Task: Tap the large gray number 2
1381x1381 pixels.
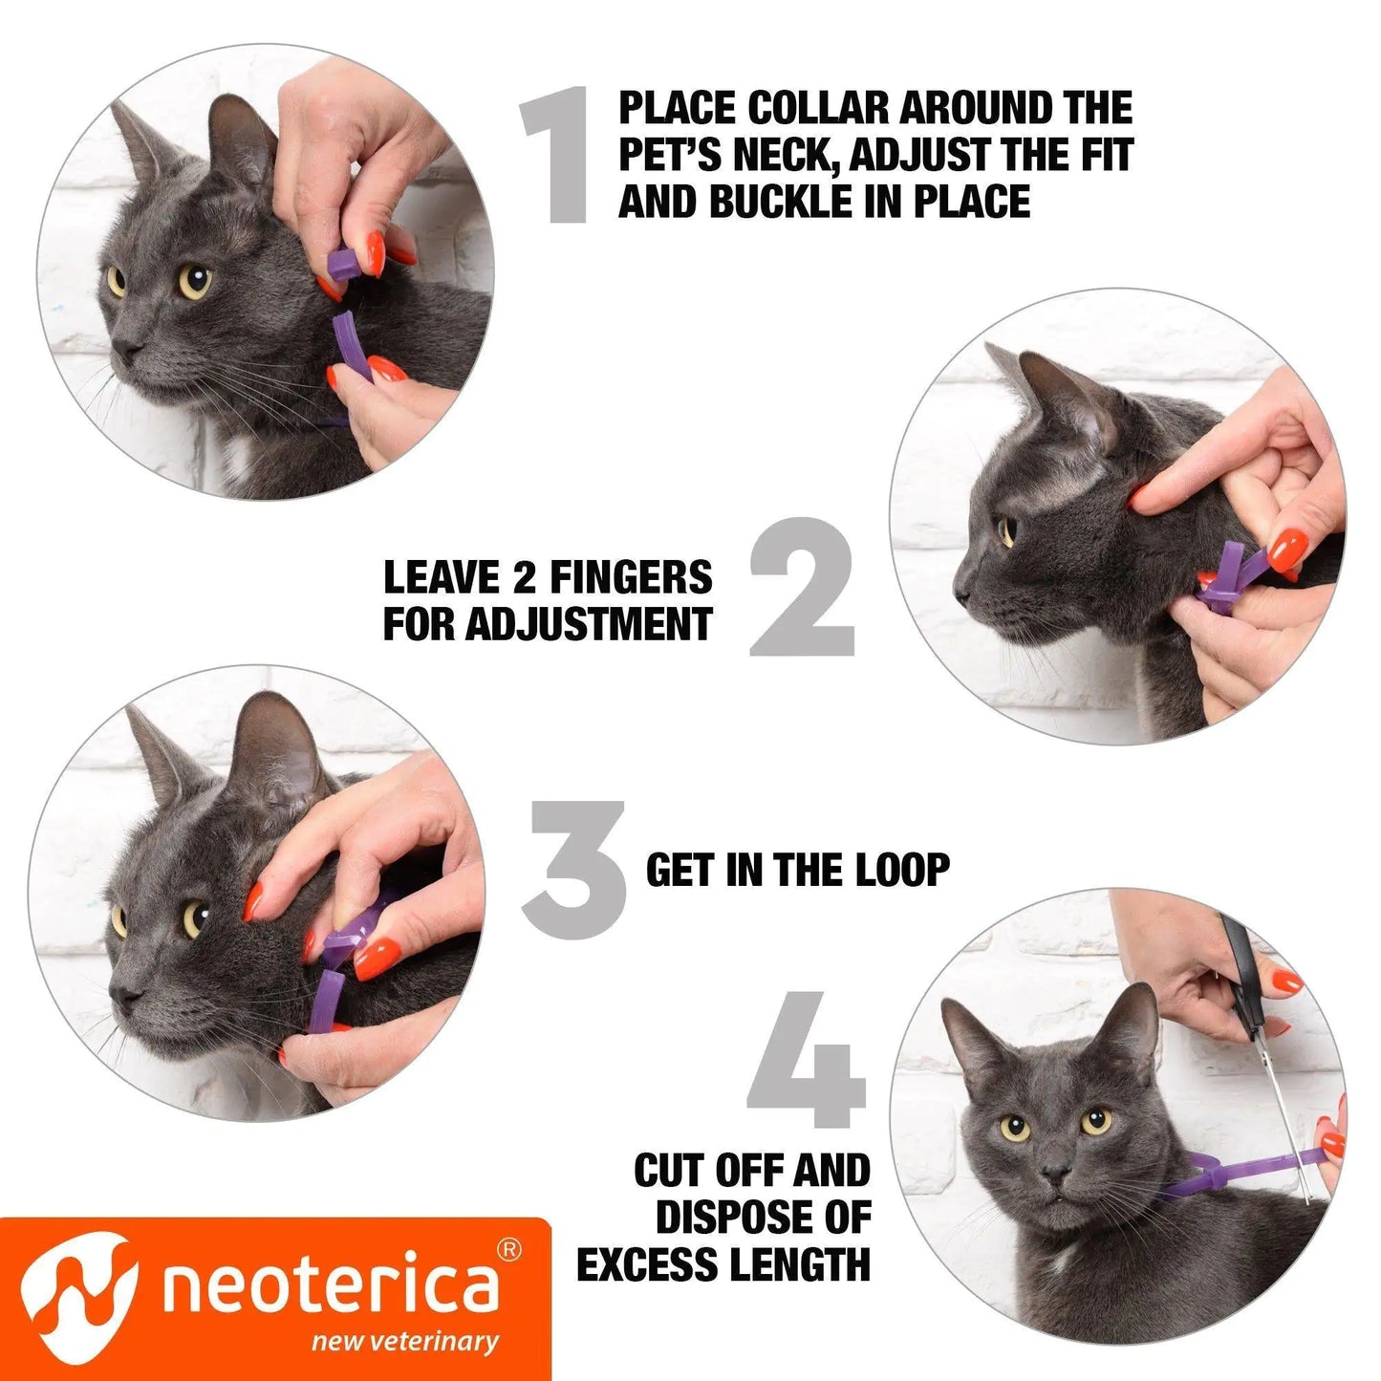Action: tap(801, 587)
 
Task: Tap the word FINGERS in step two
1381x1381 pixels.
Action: tap(631, 577)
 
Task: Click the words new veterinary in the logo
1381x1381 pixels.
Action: tap(404, 1341)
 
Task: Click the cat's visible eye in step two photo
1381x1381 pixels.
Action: tap(1006, 531)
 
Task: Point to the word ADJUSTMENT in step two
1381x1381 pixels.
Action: tap(589, 624)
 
